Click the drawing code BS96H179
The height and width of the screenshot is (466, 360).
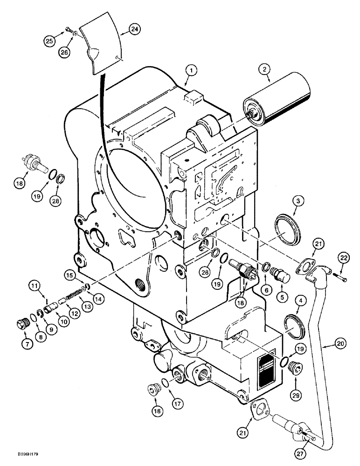point(19,454)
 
